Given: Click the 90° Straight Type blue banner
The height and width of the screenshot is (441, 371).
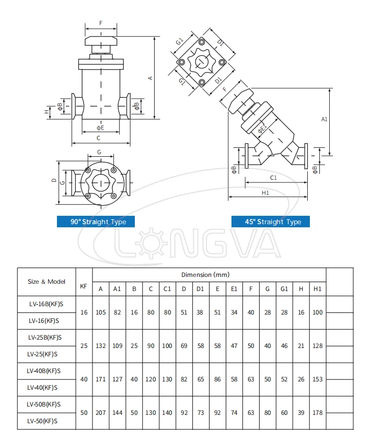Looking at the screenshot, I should tap(98, 222).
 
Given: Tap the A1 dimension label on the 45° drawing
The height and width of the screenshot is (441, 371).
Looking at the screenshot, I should tap(324, 119).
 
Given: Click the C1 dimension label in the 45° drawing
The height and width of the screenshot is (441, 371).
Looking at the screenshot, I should tap(273, 178).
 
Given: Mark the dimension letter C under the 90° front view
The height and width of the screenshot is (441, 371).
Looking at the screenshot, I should tap(99, 138).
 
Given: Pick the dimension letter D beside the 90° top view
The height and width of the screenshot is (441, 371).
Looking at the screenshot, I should tap(54, 180).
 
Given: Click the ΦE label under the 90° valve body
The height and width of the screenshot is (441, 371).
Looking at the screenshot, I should tap(100, 127).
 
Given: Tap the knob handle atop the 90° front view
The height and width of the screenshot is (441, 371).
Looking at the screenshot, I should tap(101, 41).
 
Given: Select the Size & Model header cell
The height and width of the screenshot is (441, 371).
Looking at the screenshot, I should tap(47, 281).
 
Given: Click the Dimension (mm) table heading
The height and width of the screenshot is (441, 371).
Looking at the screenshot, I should tap(205, 274).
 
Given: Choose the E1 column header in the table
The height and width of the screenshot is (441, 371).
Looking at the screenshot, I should tap(234, 288).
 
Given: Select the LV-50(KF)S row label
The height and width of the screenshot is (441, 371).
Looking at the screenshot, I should tap(43, 421).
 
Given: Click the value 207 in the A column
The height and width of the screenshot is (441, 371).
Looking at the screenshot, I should tap(101, 412).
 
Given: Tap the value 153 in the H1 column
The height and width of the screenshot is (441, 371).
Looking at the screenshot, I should tap(317, 379).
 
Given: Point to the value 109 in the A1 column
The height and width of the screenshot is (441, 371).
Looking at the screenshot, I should tap(117, 345).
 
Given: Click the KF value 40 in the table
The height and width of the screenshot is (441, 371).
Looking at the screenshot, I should tap(84, 379).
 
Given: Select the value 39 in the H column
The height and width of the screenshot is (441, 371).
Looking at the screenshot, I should tap(300, 412).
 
